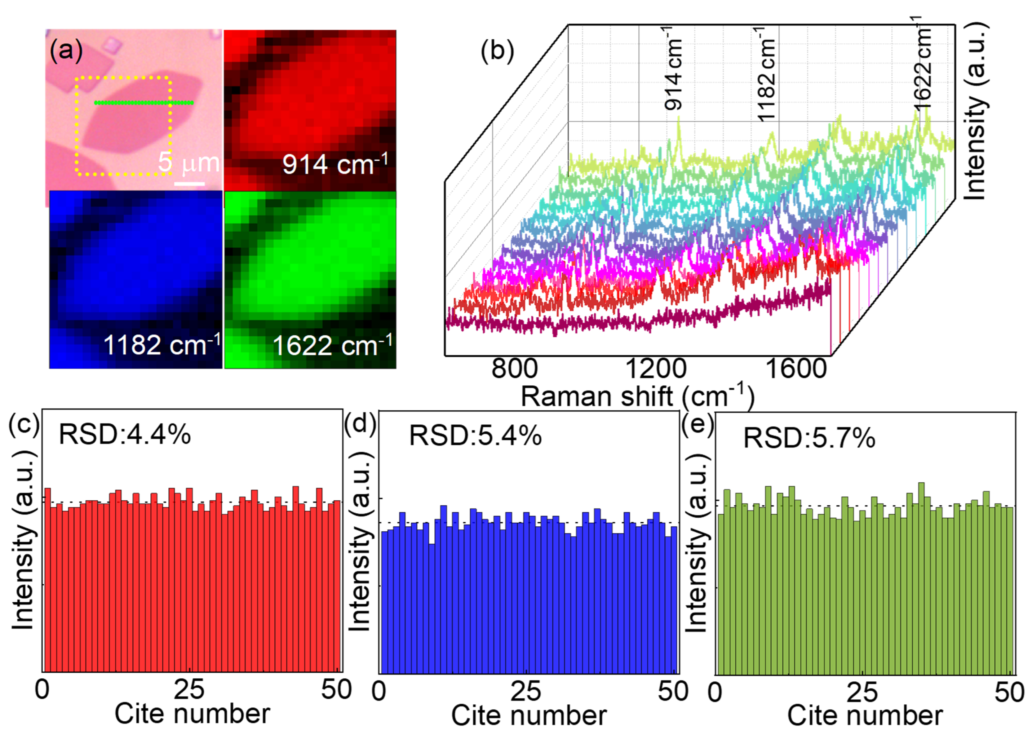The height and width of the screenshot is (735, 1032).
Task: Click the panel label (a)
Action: coord(66,50)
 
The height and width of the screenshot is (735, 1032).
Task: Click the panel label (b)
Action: coord(497,51)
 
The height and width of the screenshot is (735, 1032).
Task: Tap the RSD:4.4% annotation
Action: coord(125,435)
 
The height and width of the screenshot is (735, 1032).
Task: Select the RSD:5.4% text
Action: coord(475,436)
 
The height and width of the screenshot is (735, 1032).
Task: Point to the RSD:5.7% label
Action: coord(809,438)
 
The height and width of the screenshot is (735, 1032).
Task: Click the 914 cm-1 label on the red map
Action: coord(335,164)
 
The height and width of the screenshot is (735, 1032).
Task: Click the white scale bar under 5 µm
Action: coord(189,183)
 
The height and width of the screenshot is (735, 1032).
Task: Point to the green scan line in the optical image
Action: coord(144,103)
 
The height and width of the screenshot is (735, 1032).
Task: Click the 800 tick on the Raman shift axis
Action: coord(514,369)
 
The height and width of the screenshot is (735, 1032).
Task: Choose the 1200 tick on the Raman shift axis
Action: coord(656,369)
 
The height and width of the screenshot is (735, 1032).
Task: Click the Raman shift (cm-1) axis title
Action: coord(637,396)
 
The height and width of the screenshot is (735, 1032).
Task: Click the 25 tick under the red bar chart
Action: coord(189,690)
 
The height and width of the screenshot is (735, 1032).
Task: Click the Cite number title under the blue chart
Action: coord(529,715)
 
